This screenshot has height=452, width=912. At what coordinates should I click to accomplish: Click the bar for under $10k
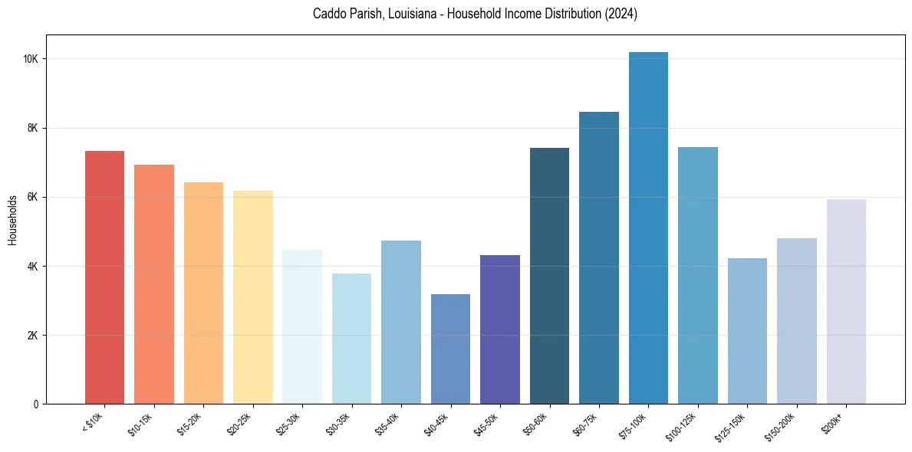tap(104, 277)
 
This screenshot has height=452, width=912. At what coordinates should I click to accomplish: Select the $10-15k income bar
tap(154, 284)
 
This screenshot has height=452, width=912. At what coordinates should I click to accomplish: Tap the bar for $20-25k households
tap(253, 297)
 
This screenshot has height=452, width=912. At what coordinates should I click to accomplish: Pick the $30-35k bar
tap(351, 339)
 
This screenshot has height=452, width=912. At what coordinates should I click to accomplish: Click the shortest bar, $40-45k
tap(450, 349)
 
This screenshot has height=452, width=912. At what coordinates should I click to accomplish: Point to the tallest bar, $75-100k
tap(648, 228)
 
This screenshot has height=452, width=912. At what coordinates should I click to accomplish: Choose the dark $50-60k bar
tap(549, 276)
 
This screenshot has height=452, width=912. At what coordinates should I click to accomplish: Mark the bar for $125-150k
tap(747, 331)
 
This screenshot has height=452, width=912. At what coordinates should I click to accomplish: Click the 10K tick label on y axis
tap(31, 60)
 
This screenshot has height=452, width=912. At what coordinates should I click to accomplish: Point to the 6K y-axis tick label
tap(33, 198)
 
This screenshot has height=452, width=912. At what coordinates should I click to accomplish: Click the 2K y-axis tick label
tap(33, 336)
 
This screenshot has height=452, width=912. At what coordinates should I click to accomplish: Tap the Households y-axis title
tap(12, 220)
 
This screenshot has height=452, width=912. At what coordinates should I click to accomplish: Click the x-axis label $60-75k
tap(589, 423)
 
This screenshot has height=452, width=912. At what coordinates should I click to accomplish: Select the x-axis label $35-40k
tap(391, 423)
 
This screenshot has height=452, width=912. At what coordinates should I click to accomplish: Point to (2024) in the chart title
tap(621, 14)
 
